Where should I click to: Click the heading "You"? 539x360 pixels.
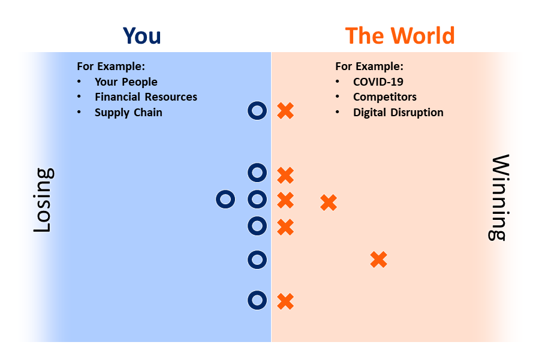(141, 36)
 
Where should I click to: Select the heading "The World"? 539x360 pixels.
(400, 36)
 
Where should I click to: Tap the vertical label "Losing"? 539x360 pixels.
(43, 200)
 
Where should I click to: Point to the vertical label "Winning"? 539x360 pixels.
(499, 198)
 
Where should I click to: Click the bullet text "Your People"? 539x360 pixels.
(126, 81)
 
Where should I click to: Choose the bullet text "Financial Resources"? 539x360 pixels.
(146, 97)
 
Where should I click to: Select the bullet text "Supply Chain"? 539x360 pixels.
(128, 113)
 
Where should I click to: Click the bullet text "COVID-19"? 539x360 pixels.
(378, 81)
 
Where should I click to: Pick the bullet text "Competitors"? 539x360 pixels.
(385, 97)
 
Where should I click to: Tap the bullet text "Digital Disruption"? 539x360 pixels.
(399, 113)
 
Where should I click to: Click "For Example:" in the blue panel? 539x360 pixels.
(111, 66)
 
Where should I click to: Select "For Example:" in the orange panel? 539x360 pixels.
(369, 66)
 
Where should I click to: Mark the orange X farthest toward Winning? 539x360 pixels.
(379, 260)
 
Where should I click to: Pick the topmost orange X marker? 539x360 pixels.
(285, 111)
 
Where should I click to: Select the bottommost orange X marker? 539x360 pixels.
(285, 302)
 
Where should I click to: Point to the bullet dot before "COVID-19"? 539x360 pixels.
(338, 81)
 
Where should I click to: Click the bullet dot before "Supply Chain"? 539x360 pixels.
(79, 112)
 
